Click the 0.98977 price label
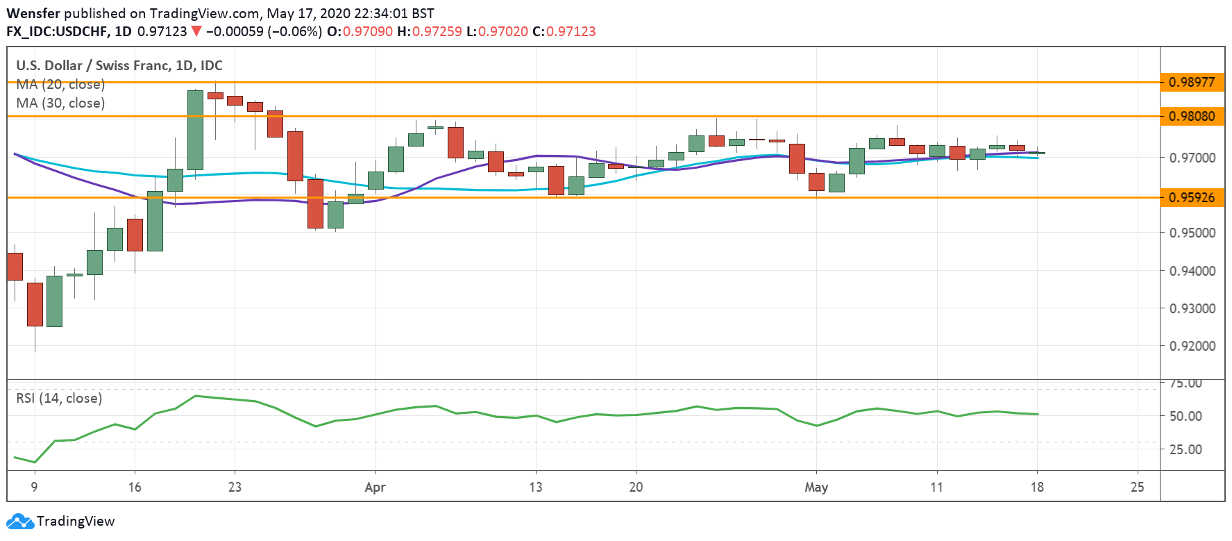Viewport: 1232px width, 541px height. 1192,82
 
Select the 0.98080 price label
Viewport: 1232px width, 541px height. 1192,116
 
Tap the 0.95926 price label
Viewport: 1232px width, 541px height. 1192,197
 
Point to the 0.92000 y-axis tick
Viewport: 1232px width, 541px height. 1192,346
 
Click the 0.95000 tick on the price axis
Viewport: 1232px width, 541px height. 1192,233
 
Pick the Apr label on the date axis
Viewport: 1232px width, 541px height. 375,487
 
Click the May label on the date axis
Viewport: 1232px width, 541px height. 816,487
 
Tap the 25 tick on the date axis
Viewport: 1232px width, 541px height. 1137,487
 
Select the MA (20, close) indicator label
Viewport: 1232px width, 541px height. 60,85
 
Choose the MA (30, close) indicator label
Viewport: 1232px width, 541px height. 60,103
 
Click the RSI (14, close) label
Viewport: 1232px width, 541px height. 59,398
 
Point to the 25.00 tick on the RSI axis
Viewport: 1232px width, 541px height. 1185,449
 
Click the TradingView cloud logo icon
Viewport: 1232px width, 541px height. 19,522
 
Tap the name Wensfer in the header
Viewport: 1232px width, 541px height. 33,13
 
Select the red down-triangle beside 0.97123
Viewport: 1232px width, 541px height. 196,31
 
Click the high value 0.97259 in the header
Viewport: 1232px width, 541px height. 437,31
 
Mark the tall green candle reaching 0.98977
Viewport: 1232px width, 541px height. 195,130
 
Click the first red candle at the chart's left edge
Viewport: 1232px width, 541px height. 15,267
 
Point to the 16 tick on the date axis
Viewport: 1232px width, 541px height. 135,487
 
